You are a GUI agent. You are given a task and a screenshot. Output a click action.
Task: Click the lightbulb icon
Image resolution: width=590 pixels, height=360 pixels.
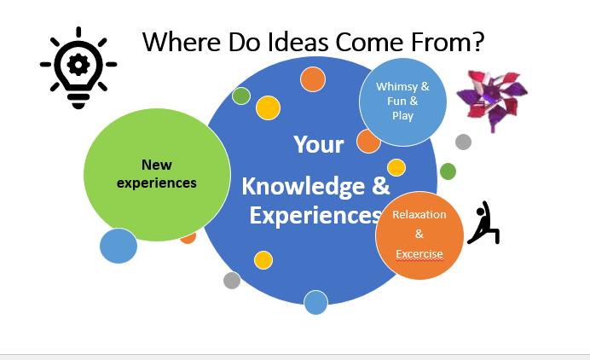point(78,67)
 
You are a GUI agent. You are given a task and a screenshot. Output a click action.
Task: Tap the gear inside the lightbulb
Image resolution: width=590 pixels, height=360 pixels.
point(78,65)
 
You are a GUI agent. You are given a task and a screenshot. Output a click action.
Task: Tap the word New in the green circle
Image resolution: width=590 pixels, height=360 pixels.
point(157,165)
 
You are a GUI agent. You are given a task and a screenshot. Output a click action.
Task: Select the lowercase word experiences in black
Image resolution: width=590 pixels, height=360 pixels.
point(157,183)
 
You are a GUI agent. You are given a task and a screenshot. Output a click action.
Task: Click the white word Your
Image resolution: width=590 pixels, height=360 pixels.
point(319,144)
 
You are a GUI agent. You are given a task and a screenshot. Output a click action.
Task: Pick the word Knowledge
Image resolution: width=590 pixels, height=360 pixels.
point(304,187)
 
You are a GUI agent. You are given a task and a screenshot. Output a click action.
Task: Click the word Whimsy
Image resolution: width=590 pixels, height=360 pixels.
point(397,87)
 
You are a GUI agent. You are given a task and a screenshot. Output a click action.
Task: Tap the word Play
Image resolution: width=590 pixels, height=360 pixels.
point(402,116)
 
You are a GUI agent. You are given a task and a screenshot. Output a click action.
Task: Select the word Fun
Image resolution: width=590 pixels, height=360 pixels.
point(396,101)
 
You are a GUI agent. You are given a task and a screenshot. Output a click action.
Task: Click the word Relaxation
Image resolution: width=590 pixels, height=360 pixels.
point(419,215)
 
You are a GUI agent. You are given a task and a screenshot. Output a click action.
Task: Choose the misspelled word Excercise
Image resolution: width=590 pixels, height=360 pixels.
point(419,254)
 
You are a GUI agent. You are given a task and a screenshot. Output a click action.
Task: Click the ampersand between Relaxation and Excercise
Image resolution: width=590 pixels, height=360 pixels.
point(419,234)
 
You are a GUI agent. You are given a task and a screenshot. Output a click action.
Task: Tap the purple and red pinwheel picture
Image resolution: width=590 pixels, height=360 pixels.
point(492,100)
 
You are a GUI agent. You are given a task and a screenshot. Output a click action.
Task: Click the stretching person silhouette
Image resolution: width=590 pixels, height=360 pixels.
point(484,223)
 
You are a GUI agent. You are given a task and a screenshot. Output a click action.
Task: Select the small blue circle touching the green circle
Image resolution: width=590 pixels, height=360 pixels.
point(119,246)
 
